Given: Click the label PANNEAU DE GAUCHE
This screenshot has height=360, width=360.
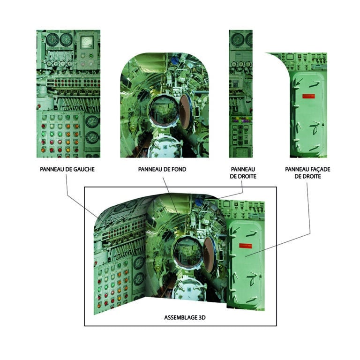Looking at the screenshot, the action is [x=67, y=169].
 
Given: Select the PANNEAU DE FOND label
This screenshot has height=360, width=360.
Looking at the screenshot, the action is [x=162, y=169].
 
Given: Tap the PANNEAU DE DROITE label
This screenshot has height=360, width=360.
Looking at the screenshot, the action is [x=243, y=172].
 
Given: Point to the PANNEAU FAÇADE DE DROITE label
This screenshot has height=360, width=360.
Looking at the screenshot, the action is [x=307, y=172].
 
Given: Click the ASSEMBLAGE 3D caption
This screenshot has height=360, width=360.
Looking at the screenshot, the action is [x=185, y=317].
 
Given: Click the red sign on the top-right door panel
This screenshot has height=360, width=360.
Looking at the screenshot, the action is [x=308, y=96].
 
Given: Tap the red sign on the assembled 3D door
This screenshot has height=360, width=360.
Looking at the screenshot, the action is [x=246, y=246].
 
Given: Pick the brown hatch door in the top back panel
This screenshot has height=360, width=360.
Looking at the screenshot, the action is [x=185, y=111].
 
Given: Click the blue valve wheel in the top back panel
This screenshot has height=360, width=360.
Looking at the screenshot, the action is [x=175, y=60].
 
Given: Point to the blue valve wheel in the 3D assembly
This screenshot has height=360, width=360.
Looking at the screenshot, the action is [x=199, y=202].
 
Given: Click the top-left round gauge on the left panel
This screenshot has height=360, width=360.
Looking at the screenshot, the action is [x=52, y=39].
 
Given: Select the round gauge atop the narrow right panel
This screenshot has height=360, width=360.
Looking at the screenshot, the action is [x=237, y=40].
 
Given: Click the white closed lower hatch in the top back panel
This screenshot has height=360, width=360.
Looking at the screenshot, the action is [x=165, y=147].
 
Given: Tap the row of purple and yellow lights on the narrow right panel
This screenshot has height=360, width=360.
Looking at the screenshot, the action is [x=240, y=120].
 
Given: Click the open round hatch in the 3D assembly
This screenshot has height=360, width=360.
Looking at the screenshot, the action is [x=188, y=253].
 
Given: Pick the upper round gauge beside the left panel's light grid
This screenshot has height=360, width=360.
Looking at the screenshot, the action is [x=92, y=121].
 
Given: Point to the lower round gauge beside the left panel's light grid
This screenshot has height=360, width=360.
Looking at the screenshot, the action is [x=92, y=137].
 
